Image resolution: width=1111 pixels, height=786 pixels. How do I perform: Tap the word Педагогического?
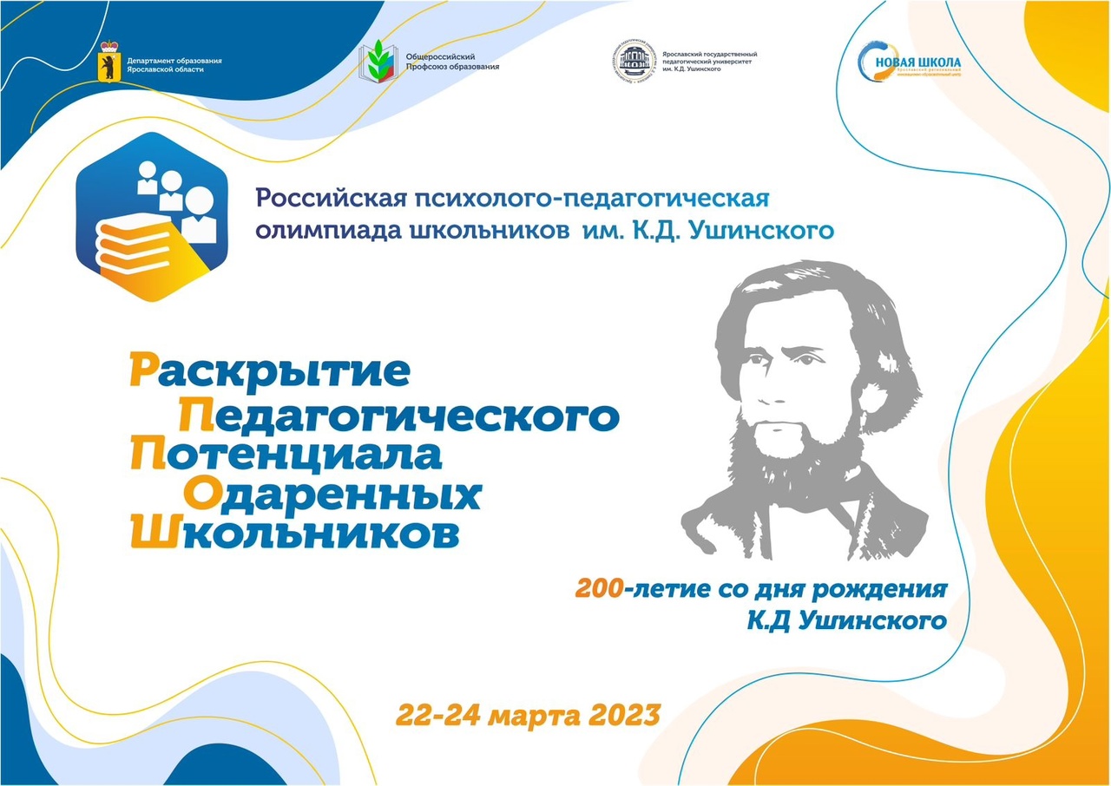pos(399,417)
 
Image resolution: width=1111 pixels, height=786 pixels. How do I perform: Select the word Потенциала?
pos(286,455)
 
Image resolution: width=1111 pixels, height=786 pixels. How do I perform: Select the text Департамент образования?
pos(174,60)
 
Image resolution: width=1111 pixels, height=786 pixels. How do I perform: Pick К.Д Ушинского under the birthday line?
pos(846,621)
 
